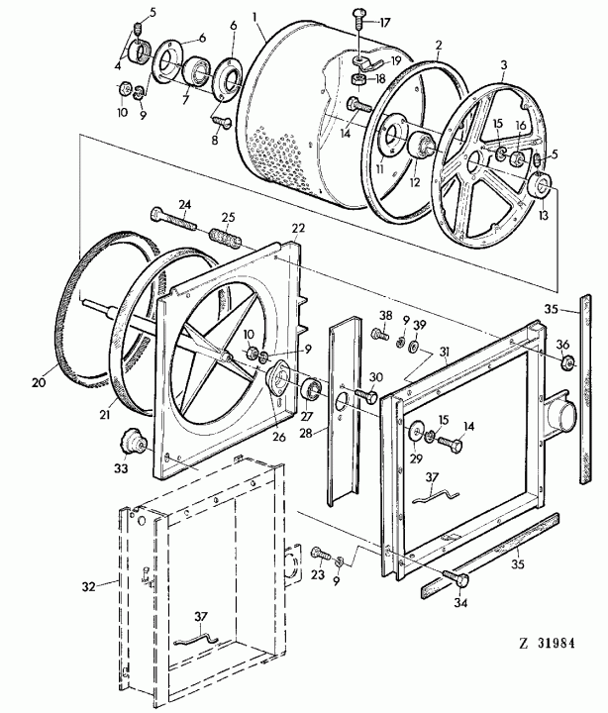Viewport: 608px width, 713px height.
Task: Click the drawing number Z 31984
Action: pyautogui.click(x=547, y=644)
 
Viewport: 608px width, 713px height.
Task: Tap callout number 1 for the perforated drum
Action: pyautogui.click(x=255, y=17)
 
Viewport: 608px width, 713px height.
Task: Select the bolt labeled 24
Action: pyautogui.click(x=173, y=218)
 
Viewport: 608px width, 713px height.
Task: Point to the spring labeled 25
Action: pyautogui.click(x=226, y=238)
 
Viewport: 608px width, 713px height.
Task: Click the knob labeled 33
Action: pyautogui.click(x=132, y=441)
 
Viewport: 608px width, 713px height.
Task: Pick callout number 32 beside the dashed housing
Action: pyautogui.click(x=89, y=586)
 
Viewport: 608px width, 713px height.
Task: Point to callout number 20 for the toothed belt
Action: pyautogui.click(x=39, y=382)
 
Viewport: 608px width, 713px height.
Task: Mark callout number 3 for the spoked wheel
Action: pyautogui.click(x=503, y=64)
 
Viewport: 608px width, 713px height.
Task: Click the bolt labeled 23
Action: pyautogui.click(x=322, y=555)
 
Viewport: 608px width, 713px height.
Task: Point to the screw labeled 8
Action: pyautogui.click(x=222, y=121)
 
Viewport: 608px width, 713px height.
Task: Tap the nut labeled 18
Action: pyautogui.click(x=358, y=80)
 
